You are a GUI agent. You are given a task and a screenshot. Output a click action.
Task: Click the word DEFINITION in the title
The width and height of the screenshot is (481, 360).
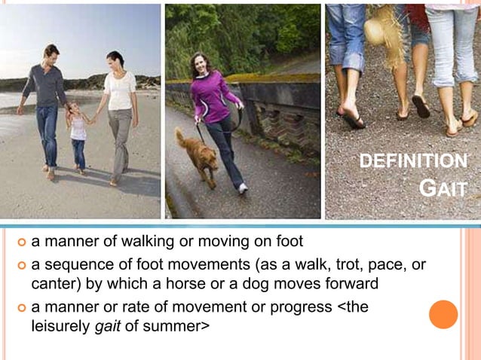[412, 161]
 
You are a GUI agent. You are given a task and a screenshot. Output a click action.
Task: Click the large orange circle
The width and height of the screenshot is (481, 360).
[443, 314]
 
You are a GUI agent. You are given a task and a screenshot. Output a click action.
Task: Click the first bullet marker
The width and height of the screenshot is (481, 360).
[21, 242]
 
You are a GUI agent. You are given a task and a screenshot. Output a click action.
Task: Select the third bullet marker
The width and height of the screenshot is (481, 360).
[21, 308]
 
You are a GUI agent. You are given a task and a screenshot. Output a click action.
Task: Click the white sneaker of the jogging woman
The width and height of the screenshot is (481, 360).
[243, 188]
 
